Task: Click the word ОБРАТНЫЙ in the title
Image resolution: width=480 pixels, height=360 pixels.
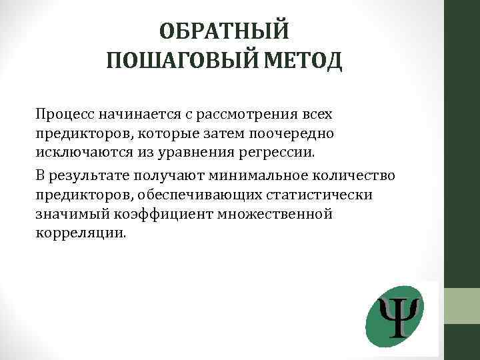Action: (224, 31)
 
